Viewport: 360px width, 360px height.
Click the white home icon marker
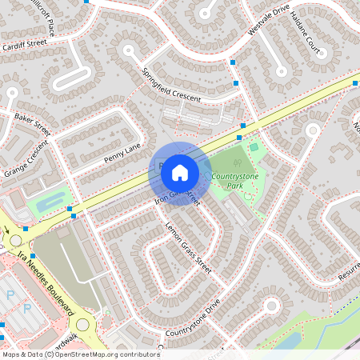180,172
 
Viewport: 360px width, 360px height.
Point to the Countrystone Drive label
192,319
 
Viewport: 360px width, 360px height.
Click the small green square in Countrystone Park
254,146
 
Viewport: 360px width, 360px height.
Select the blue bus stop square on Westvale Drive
233,62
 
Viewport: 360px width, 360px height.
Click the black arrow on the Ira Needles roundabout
7,230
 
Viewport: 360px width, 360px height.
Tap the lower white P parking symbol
26,308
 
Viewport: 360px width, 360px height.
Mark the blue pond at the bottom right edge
289,340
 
